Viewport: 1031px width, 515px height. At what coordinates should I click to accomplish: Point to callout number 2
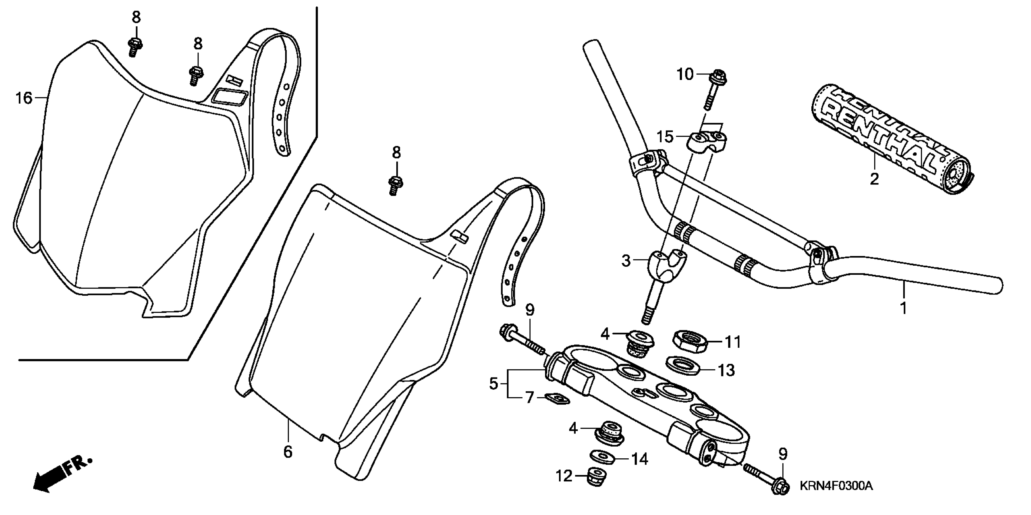[x=874, y=179]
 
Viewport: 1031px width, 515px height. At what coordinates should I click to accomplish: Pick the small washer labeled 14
[x=602, y=456]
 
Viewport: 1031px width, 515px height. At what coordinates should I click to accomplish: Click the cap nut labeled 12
[x=596, y=477]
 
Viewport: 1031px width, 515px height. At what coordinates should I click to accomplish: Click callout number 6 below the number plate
[x=288, y=452]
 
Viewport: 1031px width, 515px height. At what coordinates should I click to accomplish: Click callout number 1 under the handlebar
[x=903, y=308]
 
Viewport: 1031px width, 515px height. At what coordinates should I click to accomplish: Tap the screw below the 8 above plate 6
[x=395, y=185]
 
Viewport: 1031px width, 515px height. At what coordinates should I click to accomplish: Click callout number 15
[x=665, y=137]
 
